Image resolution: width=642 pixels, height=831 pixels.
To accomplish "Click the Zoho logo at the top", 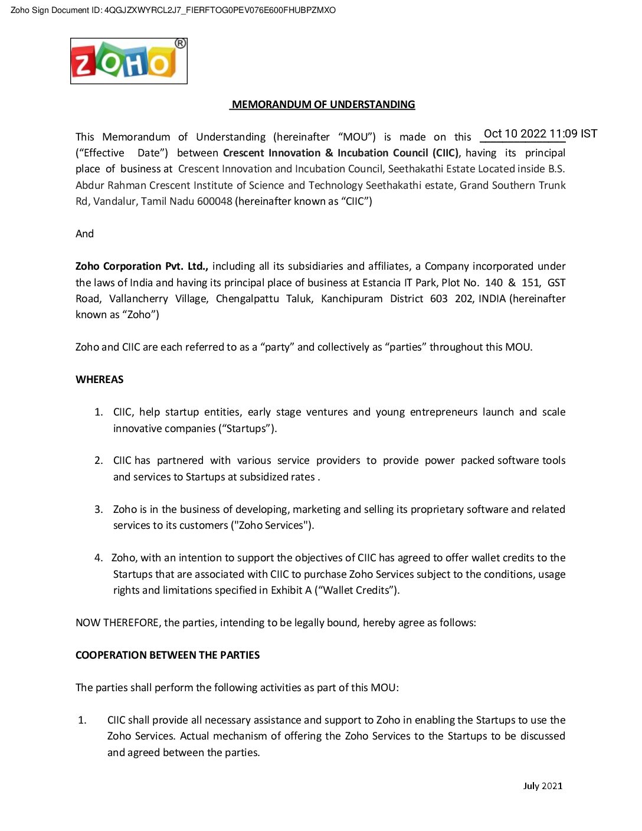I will (129, 61).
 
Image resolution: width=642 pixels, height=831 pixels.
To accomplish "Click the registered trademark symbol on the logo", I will (181, 44).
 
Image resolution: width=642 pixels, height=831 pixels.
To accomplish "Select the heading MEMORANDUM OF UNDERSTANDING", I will (323, 104).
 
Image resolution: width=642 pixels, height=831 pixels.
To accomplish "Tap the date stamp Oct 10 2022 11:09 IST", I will (540, 133).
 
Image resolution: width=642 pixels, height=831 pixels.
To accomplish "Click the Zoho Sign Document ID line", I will (173, 10).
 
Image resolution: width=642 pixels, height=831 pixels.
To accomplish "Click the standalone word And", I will (84, 234).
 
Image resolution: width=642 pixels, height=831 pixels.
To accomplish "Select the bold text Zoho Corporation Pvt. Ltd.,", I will (142, 266).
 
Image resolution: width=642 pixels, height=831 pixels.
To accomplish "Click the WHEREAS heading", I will (100, 379).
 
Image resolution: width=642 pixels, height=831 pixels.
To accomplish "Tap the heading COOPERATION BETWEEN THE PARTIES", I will (168, 655).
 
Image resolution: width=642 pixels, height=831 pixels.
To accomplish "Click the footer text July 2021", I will (542, 786).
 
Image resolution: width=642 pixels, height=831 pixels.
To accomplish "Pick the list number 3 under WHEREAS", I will (99, 509).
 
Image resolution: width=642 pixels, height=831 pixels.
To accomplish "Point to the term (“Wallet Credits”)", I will (358, 590).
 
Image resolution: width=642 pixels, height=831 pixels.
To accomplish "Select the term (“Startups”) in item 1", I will (247, 428).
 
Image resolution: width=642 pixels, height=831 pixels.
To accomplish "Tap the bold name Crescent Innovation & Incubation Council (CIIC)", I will (340, 153).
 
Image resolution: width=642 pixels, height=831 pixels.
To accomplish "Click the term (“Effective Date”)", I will (122, 153).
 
